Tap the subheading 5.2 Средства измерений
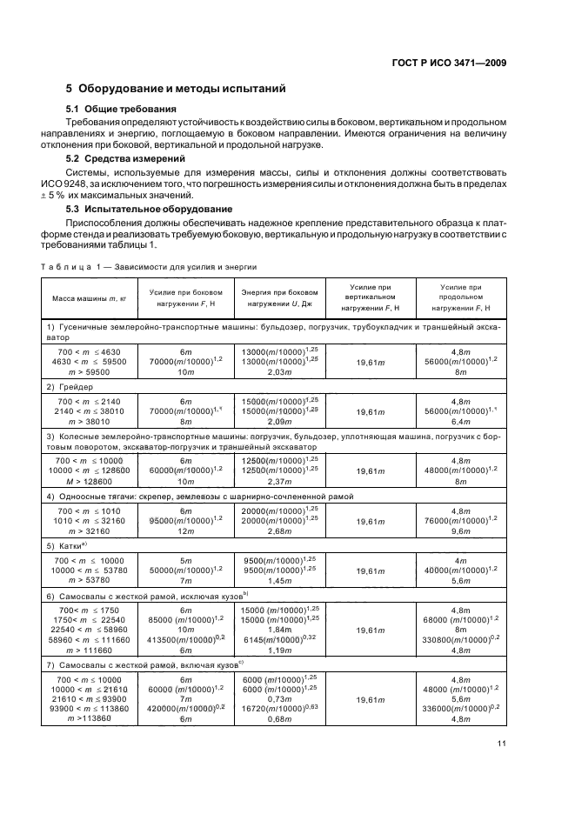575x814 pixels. (125, 159)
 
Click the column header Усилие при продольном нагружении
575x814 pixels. (460, 298)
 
